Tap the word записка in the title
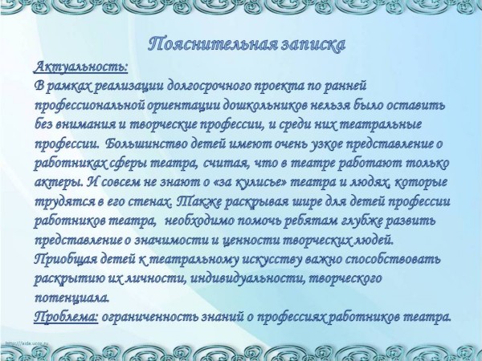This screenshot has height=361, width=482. click(x=313, y=45)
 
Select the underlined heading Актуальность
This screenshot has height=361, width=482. click(x=81, y=67)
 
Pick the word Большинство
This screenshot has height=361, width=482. click(x=146, y=144)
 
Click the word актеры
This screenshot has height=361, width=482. click(x=59, y=183)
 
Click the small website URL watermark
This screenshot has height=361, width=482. click(x=27, y=343)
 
